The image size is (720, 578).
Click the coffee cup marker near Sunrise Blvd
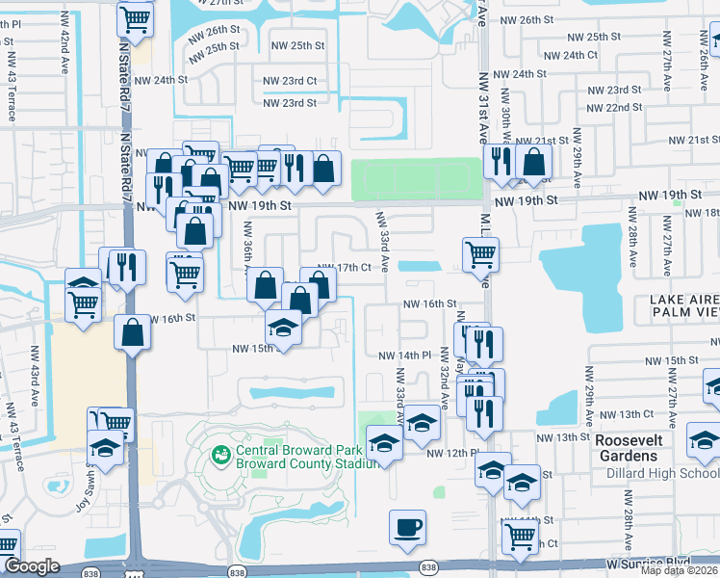[x=406, y=527]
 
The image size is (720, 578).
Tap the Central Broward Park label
[x=277, y=450]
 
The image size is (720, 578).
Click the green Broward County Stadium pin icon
[x=220, y=451]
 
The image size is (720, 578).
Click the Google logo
[x=32, y=566]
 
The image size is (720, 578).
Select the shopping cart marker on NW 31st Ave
[x=479, y=255]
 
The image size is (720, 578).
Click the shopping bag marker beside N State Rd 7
[x=132, y=332]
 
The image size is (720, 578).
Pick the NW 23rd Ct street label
[x=290, y=81]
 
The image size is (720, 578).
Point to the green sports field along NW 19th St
[x=415, y=179]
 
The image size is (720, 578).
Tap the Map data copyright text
[x=680, y=570]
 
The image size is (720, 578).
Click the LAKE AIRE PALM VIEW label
[x=684, y=304]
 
